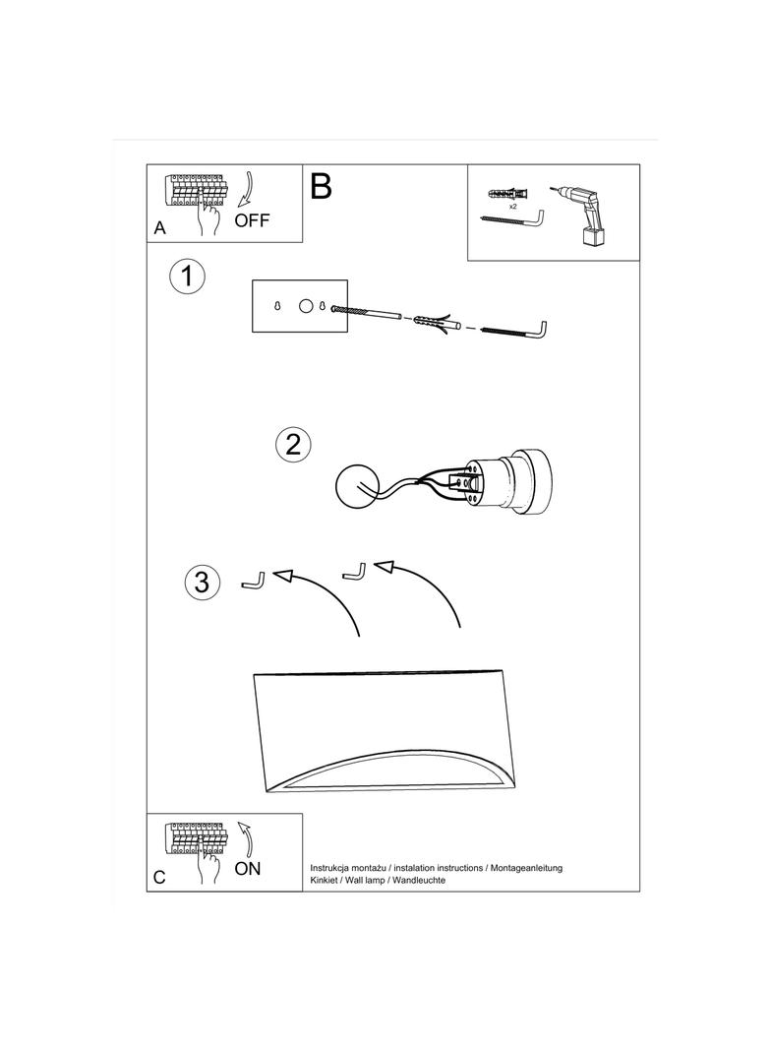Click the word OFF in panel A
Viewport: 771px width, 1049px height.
(252, 220)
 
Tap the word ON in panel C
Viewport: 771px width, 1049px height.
(248, 868)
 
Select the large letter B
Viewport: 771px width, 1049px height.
(321, 186)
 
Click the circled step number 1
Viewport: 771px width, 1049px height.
(187, 276)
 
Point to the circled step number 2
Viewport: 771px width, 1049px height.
(293, 444)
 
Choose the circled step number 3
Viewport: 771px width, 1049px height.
(202, 582)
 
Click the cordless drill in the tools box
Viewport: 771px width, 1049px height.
(579, 216)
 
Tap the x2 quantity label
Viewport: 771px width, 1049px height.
(512, 207)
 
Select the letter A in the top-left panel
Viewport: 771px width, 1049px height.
(160, 228)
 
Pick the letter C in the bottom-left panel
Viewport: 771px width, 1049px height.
(159, 877)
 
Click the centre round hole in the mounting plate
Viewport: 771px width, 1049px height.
(305, 306)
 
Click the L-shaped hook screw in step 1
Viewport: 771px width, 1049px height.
(515, 331)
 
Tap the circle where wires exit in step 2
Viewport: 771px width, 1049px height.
(356, 488)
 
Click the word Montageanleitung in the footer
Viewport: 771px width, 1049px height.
(526, 868)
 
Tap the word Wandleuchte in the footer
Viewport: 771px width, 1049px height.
(419, 880)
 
